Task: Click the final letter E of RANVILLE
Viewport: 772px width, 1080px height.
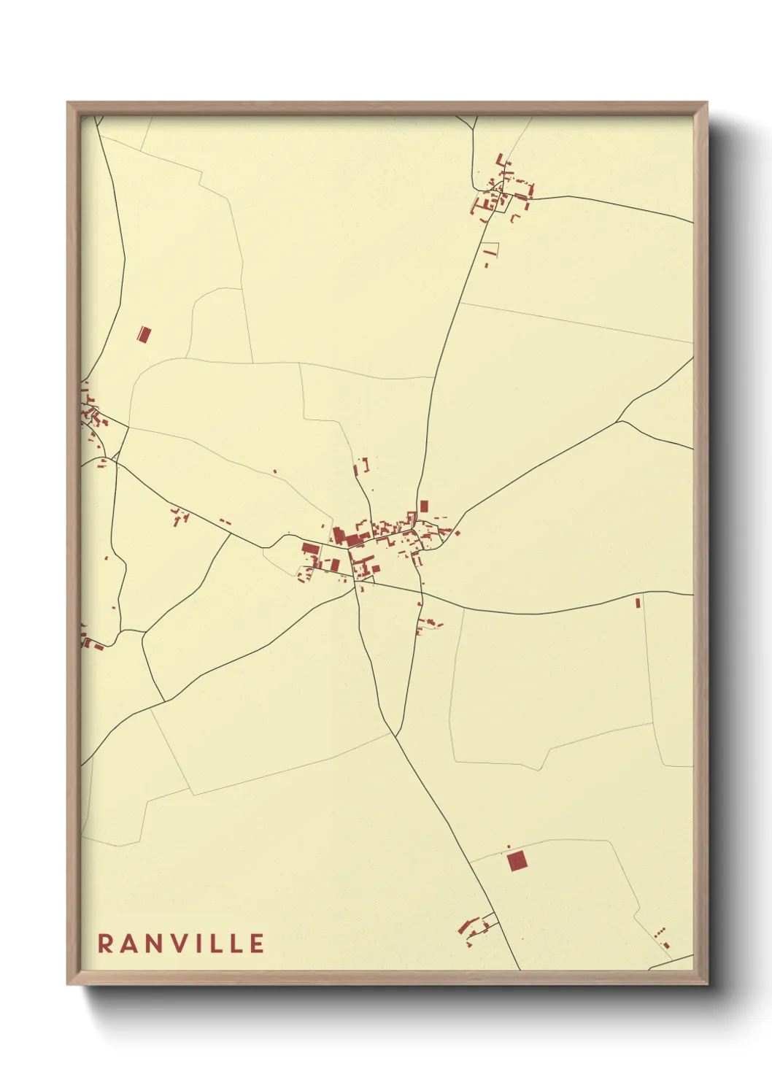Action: [x=256, y=944]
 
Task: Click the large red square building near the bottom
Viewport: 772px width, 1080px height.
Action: [x=517, y=861]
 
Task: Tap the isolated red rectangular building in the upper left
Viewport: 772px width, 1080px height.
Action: [x=144, y=335]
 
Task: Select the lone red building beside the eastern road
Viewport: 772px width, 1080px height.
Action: [x=638, y=603]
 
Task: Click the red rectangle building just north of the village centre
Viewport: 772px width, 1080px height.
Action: [x=424, y=506]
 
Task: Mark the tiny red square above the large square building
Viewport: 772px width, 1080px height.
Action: [x=508, y=847]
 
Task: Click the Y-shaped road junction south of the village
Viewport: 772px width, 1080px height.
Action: [x=394, y=733]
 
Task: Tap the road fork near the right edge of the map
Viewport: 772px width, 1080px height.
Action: [x=621, y=421]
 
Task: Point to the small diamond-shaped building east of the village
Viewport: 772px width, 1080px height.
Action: [x=458, y=533]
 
